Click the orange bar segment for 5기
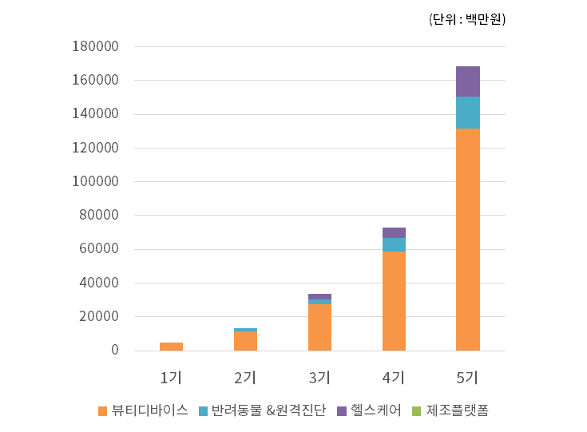point(467,239)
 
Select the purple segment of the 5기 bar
point(467,81)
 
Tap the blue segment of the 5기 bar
point(467,113)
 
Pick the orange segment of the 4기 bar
point(394,300)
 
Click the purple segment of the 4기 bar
point(394,232)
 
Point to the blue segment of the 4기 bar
point(394,244)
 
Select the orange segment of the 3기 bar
point(319,327)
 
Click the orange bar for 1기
point(171,347)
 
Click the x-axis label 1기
point(171,377)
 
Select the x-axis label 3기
point(319,377)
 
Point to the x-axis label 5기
point(467,377)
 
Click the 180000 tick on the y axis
point(95,47)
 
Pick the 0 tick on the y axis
point(115,351)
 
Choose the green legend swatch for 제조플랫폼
point(415,411)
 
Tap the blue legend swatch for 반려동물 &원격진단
point(204,411)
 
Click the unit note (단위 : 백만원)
point(467,19)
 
